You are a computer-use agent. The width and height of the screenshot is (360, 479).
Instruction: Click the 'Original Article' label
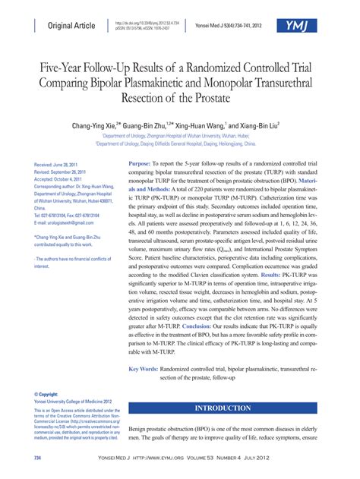click(71, 26)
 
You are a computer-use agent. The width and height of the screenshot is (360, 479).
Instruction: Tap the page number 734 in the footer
click(37, 459)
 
